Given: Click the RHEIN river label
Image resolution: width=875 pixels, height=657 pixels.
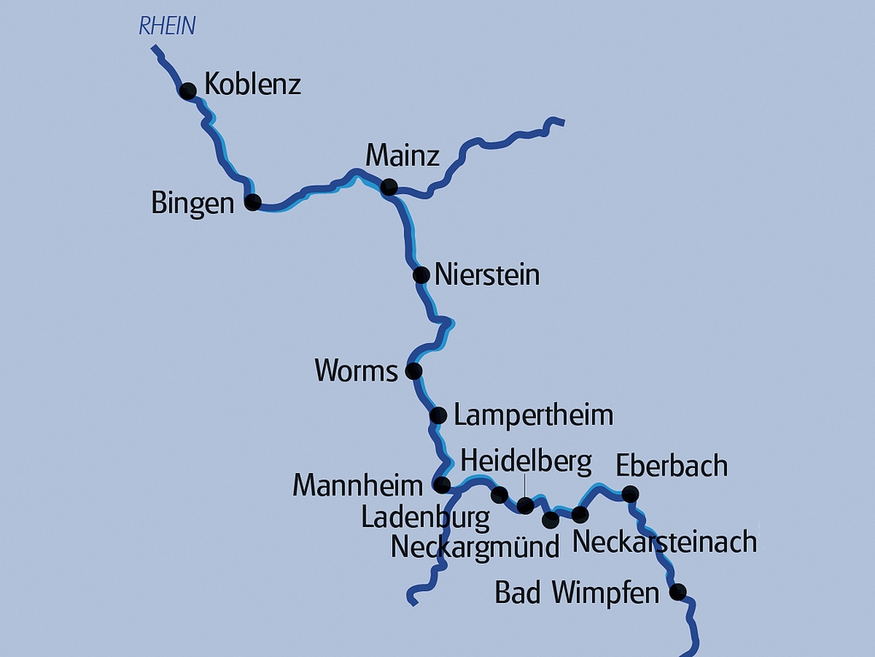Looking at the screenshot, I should [167, 27].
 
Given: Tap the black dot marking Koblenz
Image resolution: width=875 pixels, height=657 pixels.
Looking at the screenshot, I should [188, 91].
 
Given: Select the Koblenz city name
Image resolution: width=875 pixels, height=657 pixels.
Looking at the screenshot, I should [252, 86].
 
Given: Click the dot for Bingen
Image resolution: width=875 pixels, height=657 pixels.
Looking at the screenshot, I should [252, 203].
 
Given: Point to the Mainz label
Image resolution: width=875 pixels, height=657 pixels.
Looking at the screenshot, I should [402, 156].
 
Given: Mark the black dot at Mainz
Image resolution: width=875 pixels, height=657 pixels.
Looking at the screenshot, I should [389, 187].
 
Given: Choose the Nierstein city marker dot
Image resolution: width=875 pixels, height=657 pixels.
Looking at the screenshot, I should [421, 275].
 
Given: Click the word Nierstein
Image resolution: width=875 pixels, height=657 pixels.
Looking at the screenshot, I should [487, 275].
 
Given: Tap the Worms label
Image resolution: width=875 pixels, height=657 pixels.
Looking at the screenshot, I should [356, 370].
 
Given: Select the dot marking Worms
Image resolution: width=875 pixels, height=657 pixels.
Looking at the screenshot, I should [414, 370].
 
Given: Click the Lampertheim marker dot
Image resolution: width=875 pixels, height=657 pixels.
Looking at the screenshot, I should [437, 416].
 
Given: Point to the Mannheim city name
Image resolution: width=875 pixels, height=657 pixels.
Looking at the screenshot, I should [357, 486].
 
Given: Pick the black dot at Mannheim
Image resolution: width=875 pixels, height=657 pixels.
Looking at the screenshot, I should [442, 486].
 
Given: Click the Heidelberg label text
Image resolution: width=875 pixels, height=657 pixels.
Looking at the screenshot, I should [526, 462].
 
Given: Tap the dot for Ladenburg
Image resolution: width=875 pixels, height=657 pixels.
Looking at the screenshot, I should [500, 494].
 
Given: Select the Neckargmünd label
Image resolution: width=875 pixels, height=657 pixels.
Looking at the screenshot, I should [474, 547].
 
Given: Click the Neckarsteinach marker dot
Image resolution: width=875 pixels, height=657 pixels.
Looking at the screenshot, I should [579, 514].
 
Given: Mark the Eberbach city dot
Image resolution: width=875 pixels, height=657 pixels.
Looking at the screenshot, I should [630, 494].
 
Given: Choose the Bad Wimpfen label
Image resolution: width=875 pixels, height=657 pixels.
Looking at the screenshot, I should [577, 592].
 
